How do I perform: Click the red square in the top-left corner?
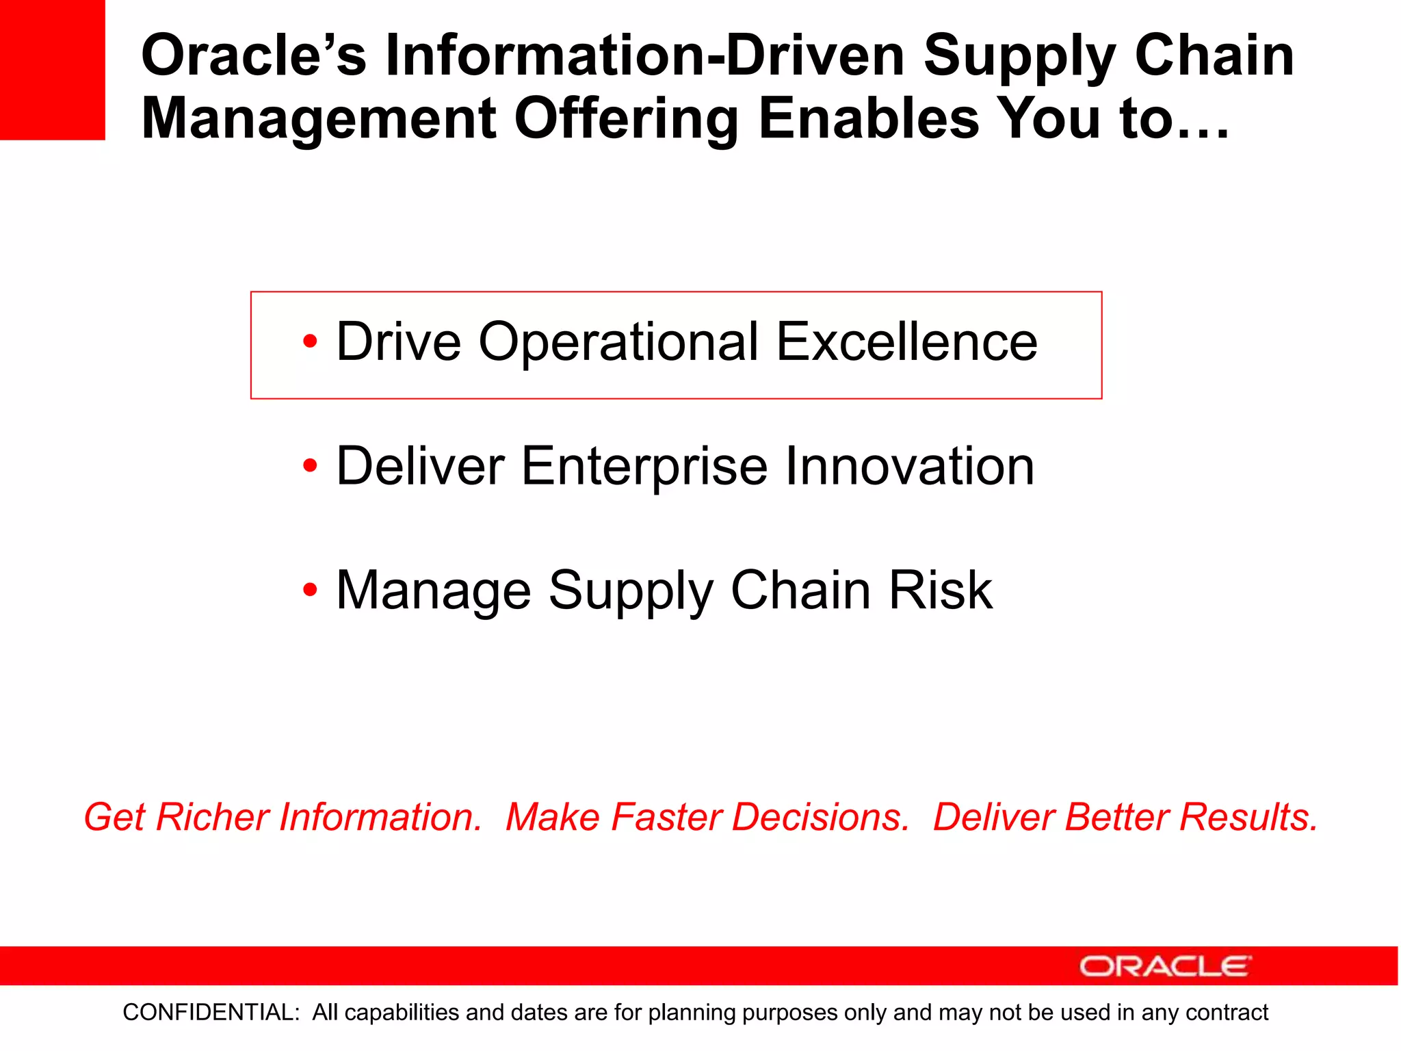(52, 70)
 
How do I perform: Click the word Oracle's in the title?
(254, 55)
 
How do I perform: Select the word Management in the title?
(319, 119)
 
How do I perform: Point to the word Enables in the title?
(868, 119)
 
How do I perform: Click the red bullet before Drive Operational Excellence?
(310, 341)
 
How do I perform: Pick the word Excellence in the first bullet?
(906, 341)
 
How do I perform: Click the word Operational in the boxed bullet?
(618, 343)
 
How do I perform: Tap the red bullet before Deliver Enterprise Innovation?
(310, 466)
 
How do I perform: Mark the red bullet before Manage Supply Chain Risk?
(310, 590)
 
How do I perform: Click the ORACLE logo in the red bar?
(1165, 966)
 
